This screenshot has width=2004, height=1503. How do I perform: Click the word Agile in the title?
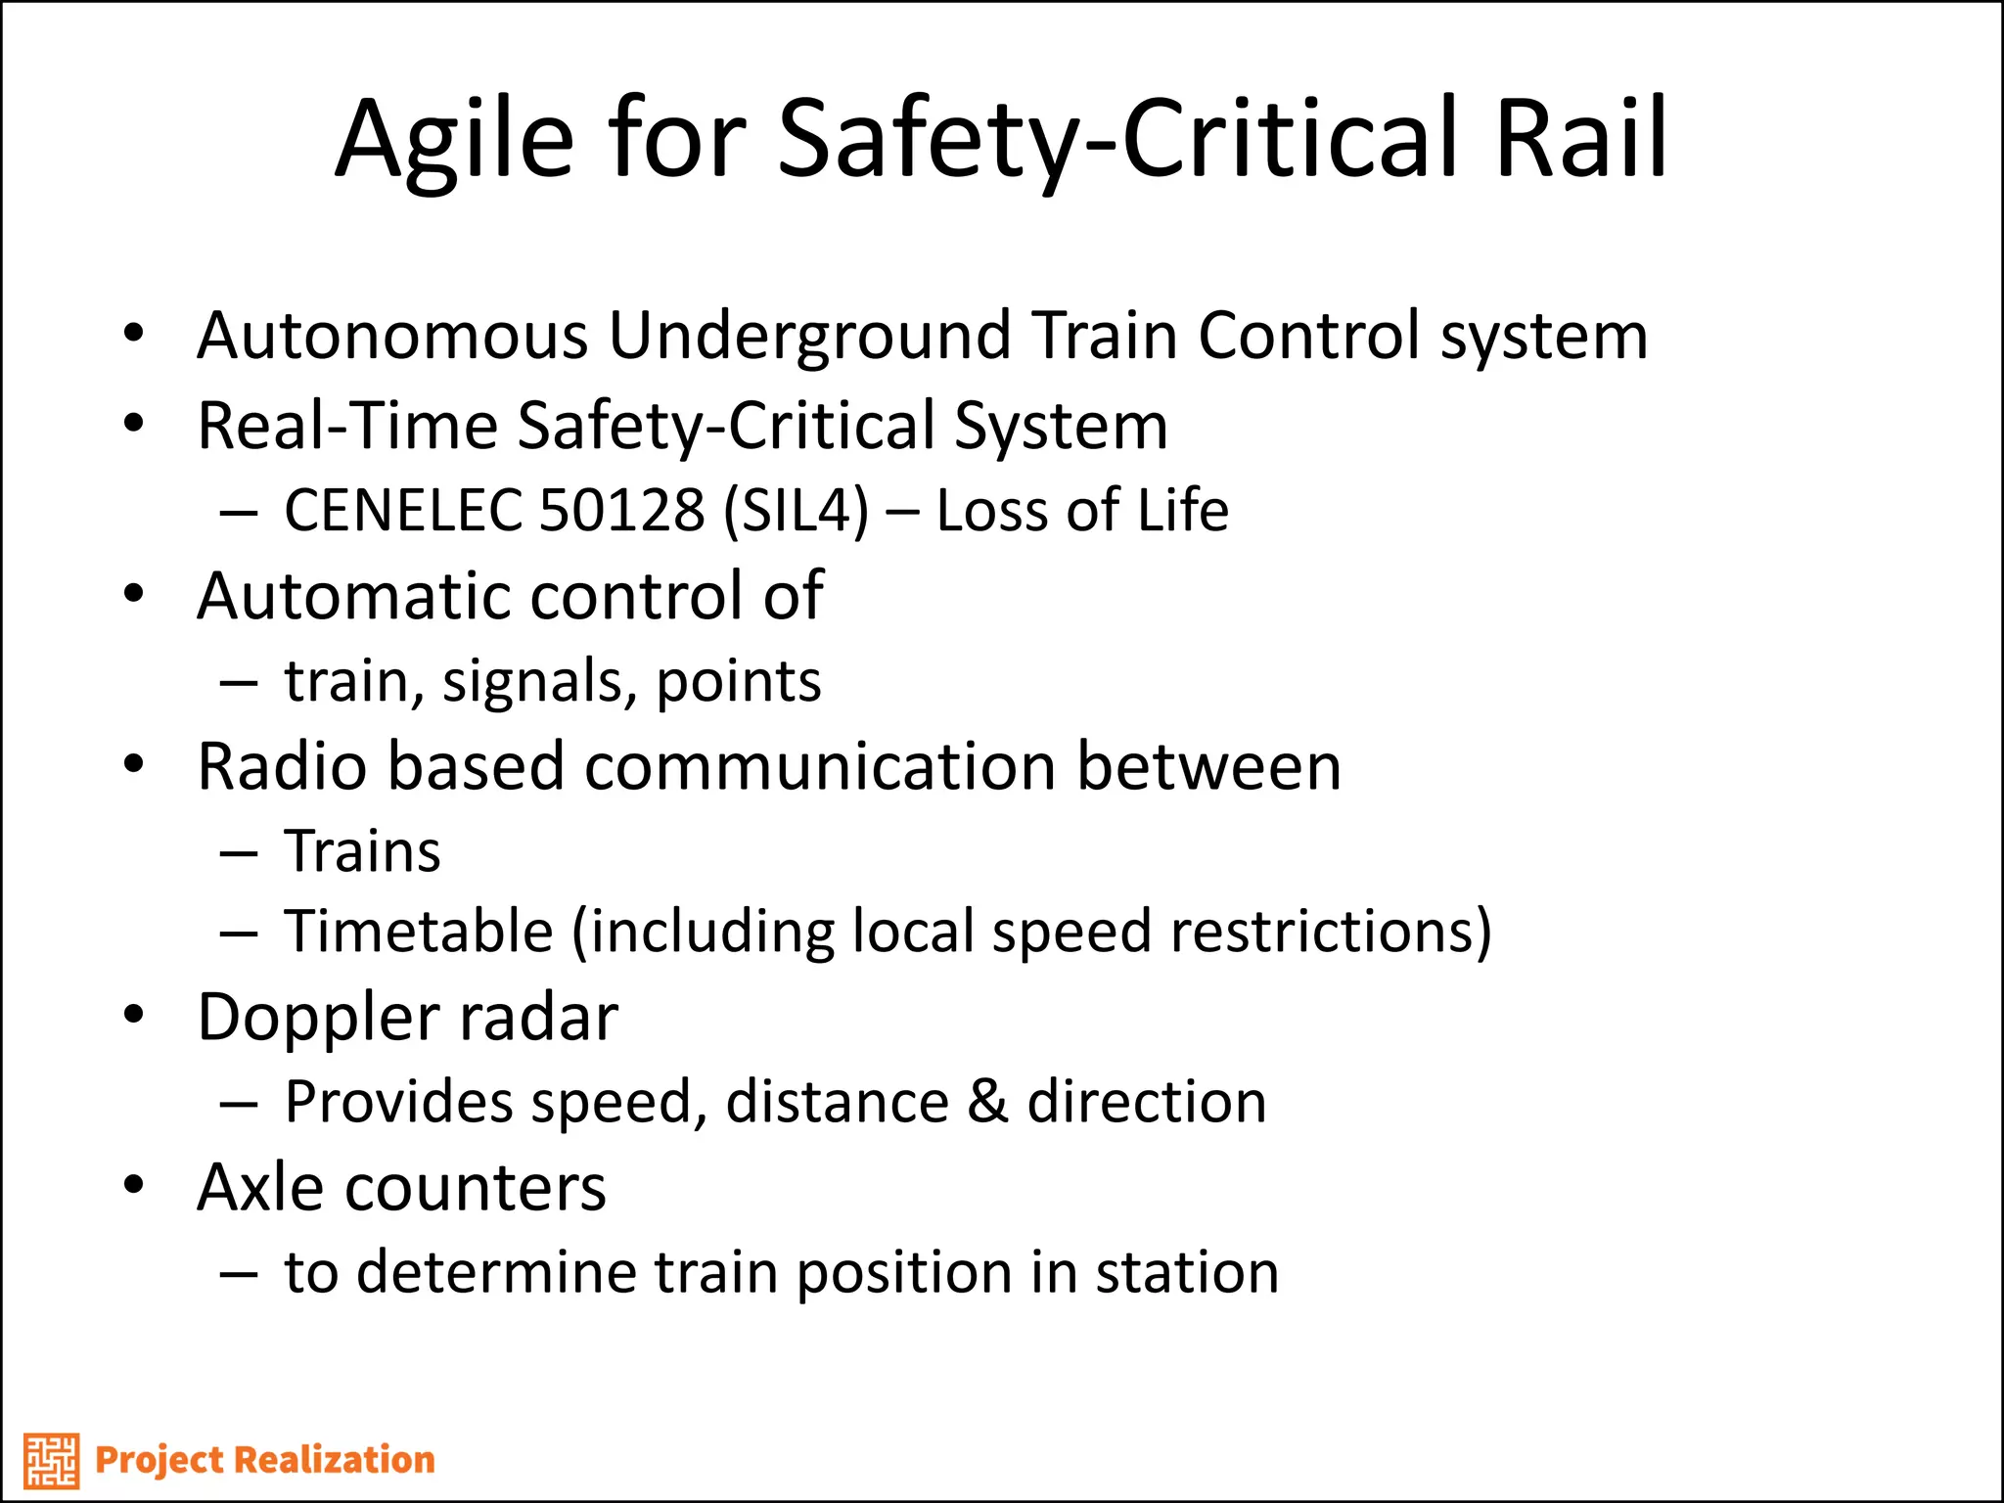tap(454, 142)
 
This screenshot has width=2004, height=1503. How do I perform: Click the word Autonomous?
tap(391, 336)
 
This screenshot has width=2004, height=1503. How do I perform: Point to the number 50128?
tap(621, 511)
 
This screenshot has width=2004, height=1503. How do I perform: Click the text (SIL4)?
tap(796, 512)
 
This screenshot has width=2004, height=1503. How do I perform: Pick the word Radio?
tap(283, 766)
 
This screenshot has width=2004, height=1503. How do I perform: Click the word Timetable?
tap(419, 932)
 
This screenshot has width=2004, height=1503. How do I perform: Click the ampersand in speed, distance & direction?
tap(987, 1103)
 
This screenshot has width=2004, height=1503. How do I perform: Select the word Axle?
tap(260, 1188)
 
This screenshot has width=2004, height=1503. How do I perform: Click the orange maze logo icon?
tap(51, 1460)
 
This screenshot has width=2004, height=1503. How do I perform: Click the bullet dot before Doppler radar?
tap(134, 1015)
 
